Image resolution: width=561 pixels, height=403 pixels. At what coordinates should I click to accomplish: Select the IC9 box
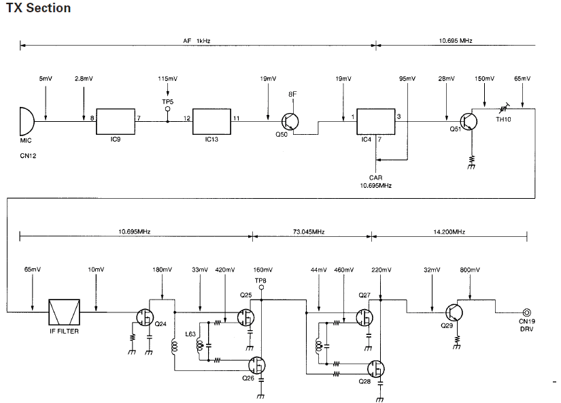tap(118, 121)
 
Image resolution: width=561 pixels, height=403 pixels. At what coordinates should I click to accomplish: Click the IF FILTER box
tap(65, 312)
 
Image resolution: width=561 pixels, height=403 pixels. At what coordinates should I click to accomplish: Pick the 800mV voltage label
tap(470, 270)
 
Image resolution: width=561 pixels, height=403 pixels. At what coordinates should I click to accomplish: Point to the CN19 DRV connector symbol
tap(524, 312)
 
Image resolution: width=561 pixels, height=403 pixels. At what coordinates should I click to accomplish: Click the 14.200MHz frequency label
tap(449, 232)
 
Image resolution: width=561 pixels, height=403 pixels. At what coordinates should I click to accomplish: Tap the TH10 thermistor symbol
tap(503, 108)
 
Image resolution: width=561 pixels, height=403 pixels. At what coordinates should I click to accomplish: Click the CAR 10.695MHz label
tap(375, 181)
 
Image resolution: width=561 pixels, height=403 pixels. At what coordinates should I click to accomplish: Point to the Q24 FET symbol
tap(143, 317)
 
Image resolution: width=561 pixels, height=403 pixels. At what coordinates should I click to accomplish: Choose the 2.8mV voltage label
tap(84, 79)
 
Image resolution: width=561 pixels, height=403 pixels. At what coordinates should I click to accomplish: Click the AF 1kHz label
tap(198, 41)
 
